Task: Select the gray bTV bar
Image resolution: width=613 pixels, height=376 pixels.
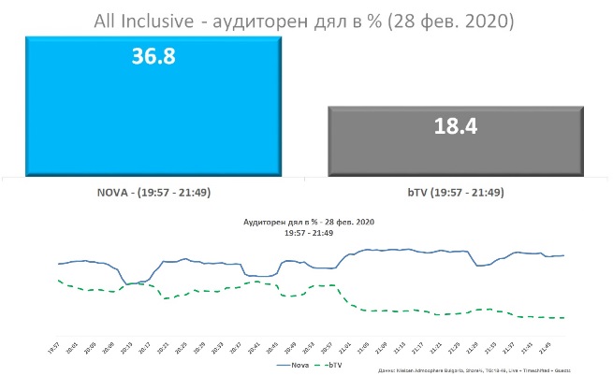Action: pos(456,140)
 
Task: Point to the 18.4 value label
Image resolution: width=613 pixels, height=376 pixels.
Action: pos(456,126)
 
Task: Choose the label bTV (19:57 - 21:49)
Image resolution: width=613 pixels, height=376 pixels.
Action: pos(456,193)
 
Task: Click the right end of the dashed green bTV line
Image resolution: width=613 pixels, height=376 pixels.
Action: pos(564,318)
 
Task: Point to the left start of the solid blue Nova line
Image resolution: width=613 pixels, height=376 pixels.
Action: pos(58,264)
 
